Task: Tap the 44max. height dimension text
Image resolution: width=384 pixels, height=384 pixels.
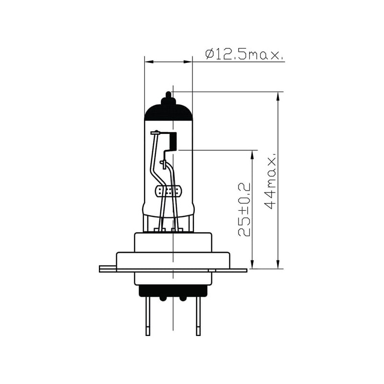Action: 270,181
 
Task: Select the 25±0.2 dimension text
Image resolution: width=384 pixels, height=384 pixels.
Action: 244,210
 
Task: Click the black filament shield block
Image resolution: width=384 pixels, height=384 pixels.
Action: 173,141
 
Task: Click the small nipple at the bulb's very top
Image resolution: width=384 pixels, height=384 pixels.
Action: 168,94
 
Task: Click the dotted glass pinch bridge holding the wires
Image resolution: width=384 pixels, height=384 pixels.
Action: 169,191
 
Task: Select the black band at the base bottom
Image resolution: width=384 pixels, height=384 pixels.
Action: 173,291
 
